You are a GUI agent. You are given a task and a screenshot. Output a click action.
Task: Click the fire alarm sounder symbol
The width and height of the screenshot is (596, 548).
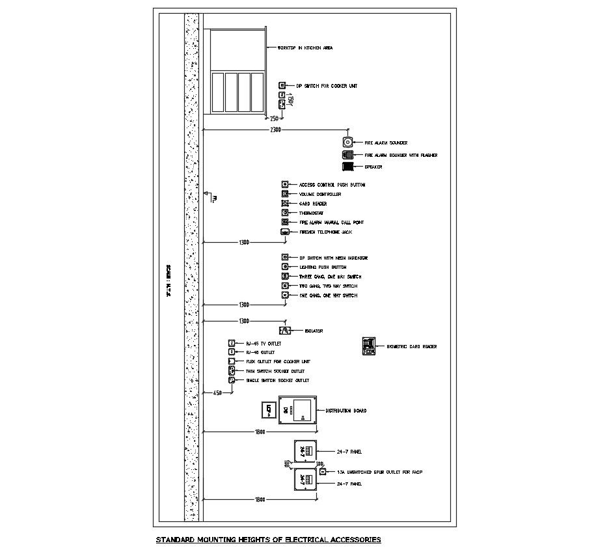click(347, 143)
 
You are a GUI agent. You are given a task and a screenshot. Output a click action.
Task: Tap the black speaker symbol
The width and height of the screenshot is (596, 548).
click(347, 167)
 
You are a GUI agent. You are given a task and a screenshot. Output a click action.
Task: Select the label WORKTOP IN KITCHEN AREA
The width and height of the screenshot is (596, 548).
click(305, 48)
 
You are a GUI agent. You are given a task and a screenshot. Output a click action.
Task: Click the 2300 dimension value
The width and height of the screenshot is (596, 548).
click(275, 130)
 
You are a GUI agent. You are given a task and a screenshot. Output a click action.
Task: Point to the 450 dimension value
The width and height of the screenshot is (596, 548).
click(218, 392)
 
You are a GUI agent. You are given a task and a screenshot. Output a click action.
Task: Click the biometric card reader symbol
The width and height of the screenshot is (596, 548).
click(369, 346)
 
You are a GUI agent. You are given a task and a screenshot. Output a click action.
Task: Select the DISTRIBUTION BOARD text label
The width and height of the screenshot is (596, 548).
click(345, 411)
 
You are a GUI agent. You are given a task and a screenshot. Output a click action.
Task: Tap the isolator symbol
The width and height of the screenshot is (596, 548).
click(284, 331)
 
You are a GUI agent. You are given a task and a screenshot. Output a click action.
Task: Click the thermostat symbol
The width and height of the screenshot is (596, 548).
click(284, 213)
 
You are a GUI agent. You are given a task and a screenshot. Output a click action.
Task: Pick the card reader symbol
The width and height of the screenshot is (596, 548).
click(284, 204)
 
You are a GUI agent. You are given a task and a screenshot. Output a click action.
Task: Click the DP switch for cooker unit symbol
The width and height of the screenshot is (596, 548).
click(282, 86)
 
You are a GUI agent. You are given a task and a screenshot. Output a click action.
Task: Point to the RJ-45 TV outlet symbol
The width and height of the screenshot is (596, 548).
click(231, 343)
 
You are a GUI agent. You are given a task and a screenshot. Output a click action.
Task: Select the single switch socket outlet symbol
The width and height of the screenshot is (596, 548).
click(231, 380)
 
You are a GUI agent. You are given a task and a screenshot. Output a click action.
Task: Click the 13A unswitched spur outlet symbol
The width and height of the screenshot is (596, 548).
click(322, 471)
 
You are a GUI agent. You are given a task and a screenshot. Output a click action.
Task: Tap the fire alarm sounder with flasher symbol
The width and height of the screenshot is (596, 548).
click(347, 155)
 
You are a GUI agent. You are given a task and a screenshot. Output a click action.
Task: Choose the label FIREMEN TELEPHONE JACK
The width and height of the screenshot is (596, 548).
click(323, 232)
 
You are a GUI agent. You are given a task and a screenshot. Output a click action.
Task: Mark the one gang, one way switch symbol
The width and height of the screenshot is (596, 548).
click(284, 295)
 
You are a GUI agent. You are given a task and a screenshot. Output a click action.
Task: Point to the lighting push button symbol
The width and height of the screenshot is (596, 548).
click(284, 267)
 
